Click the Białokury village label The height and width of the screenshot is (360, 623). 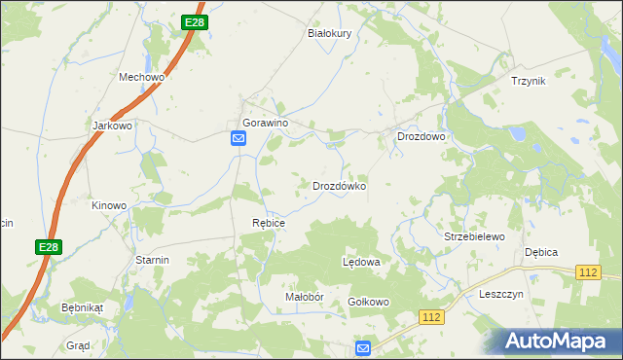pyautogui.click(x=328, y=32)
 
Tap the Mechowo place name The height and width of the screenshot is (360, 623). pyautogui.click(x=142, y=77)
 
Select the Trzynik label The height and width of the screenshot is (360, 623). pyautogui.click(x=529, y=81)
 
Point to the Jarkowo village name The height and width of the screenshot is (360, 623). pyautogui.click(x=111, y=126)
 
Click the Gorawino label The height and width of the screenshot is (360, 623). pyautogui.click(x=266, y=123)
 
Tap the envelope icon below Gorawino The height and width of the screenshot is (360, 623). pyautogui.click(x=238, y=139)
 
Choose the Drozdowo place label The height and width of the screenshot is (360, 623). pyautogui.click(x=421, y=137)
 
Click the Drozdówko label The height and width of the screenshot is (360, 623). pyautogui.click(x=339, y=185)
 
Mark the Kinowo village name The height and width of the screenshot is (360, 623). pyautogui.click(x=109, y=205)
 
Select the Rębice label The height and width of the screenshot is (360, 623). pyautogui.click(x=269, y=223)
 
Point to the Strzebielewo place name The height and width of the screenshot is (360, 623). pyautogui.click(x=474, y=236)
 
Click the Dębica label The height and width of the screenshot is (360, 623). pyautogui.click(x=541, y=252)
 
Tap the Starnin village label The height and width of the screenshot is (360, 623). pyautogui.click(x=153, y=260)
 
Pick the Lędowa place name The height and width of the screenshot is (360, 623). pyautogui.click(x=361, y=263)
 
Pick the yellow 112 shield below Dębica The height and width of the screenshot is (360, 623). pyautogui.click(x=587, y=273)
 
